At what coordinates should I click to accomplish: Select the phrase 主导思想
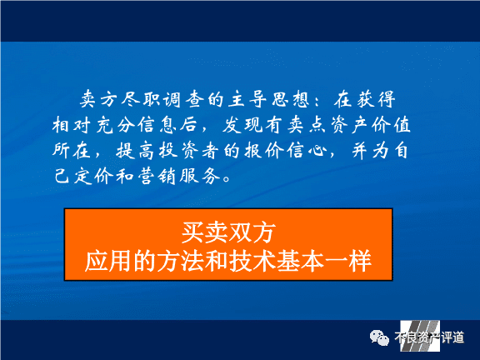tap(268, 99)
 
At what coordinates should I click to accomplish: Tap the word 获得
tap(376, 99)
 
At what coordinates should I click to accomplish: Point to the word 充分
tap(115, 125)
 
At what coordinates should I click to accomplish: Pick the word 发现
tap(242, 125)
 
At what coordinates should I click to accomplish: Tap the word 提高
tap(135, 151)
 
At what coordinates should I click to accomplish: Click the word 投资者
tap(189, 151)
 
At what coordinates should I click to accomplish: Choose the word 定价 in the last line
tap(93, 176)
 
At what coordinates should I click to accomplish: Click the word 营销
tap(157, 176)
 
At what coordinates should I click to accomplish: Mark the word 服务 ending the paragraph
tap(200, 176)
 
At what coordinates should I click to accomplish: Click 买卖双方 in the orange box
tap(228, 232)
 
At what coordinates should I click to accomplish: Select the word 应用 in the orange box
tap(108, 261)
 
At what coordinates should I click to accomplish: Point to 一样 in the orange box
tap(348, 261)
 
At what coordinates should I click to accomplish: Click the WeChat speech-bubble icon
tap(379, 337)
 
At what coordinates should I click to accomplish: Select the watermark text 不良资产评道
tap(429, 337)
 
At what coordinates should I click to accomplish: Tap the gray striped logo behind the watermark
tap(420, 336)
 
